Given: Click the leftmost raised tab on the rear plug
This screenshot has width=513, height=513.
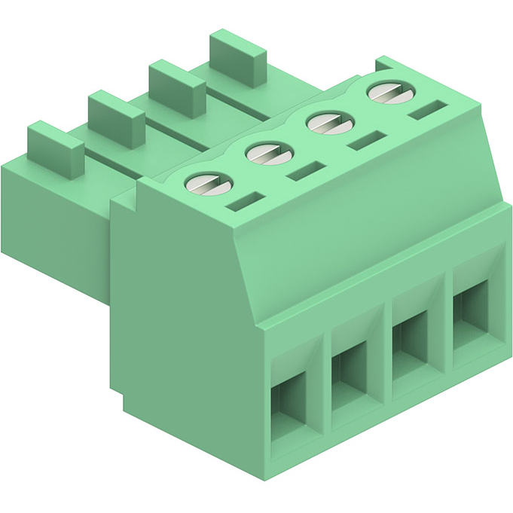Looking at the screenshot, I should click(55, 148).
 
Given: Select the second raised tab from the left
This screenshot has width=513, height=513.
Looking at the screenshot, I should click(116, 118).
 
